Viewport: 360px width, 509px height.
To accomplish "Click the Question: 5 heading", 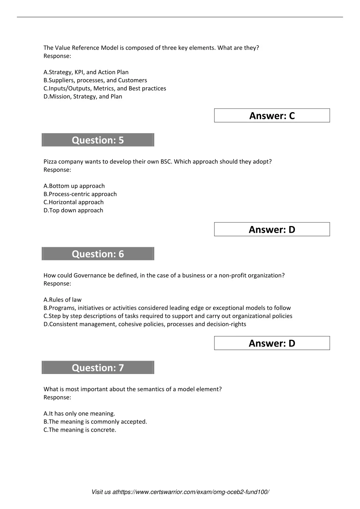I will point(98,140).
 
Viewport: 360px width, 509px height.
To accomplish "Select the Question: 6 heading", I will point(98,254).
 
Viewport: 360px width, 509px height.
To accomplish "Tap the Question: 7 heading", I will point(98,368).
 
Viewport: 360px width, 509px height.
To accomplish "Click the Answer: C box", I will point(272,116).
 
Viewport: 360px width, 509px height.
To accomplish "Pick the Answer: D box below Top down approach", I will point(272,230).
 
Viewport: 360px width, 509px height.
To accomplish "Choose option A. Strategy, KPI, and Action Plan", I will point(86,72).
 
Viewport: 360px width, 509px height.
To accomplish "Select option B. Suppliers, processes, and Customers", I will point(95,80).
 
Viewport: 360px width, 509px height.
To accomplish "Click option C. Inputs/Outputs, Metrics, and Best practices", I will point(105,88).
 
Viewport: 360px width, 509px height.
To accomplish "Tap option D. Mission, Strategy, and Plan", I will point(83,96).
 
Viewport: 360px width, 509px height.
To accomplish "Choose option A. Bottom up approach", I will point(74,186).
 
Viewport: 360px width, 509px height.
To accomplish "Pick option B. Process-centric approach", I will point(80,194).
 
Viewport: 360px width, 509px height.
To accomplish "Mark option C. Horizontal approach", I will point(73,202).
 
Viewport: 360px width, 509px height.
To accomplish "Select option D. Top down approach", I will point(73,210).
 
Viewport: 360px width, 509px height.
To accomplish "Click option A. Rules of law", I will point(63,300).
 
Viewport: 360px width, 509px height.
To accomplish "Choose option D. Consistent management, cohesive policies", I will point(145,324).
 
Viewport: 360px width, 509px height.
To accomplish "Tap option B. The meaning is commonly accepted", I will point(95,421).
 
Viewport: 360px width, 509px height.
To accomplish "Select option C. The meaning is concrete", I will point(80,430).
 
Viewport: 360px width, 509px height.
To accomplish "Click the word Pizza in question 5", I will point(50,162).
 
